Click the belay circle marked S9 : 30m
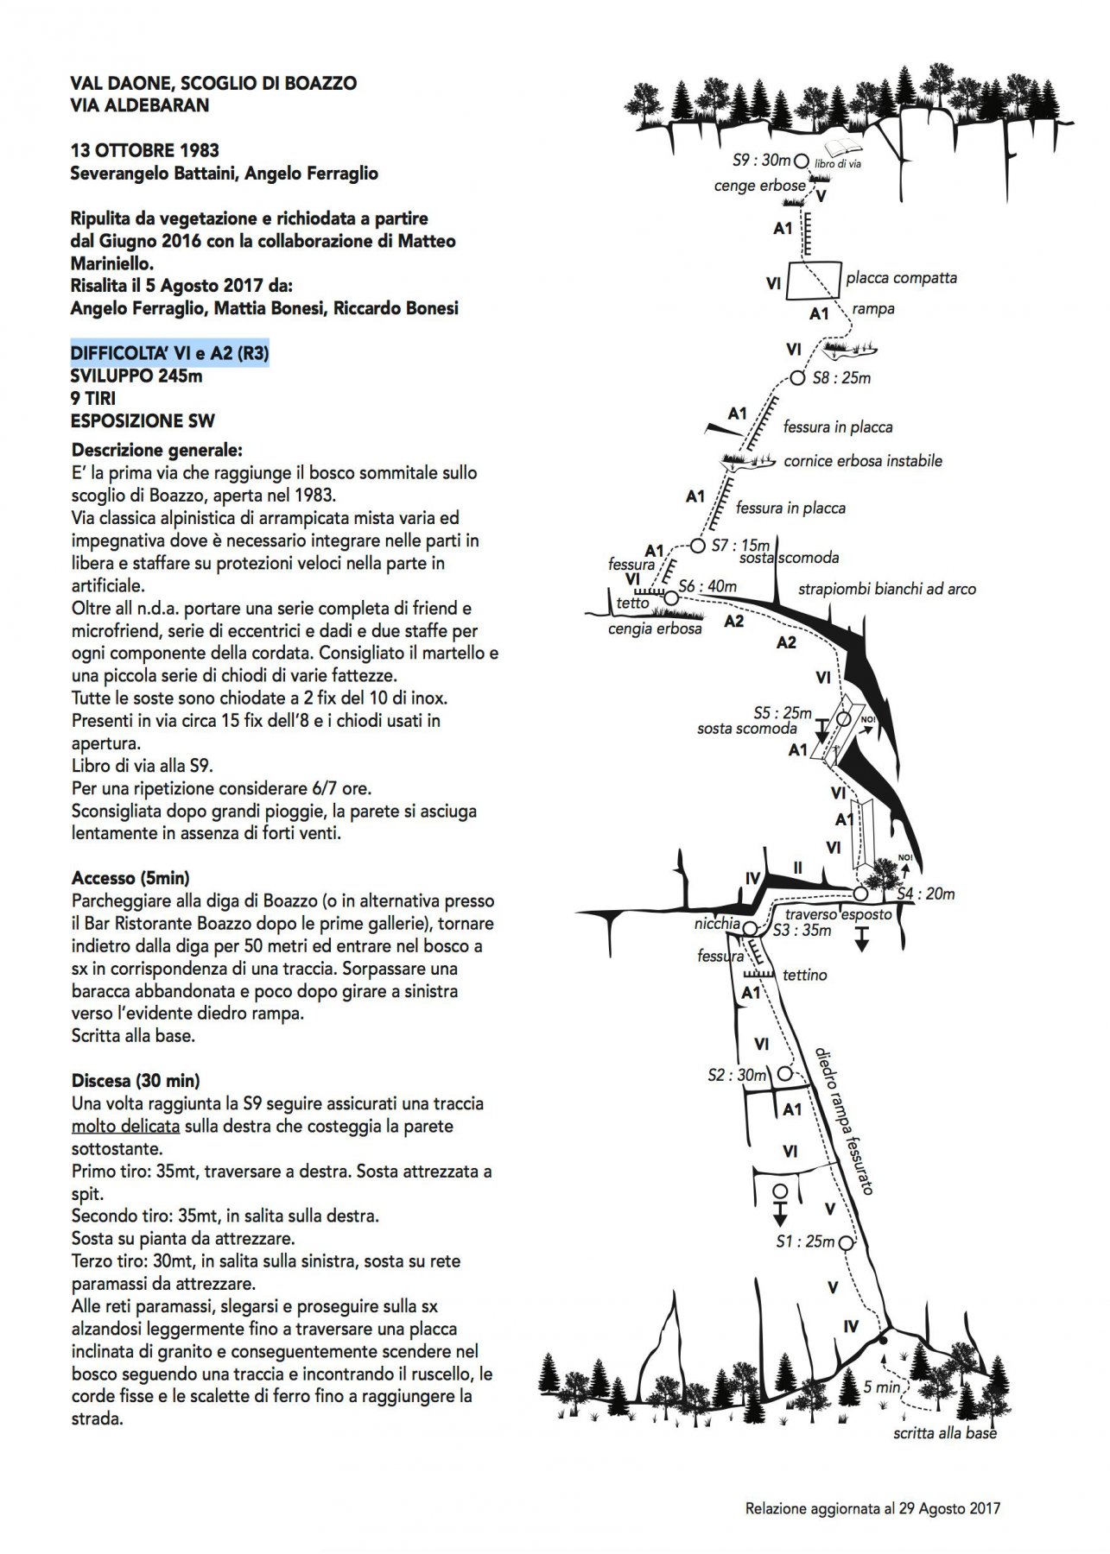801,161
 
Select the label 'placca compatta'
901,278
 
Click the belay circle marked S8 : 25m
797,378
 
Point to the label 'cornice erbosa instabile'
862,461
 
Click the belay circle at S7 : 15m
698,546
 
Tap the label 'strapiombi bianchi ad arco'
886,590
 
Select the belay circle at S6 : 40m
671,597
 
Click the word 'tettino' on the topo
804,975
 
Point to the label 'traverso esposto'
837,914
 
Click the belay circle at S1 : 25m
846,1243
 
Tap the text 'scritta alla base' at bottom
945,1433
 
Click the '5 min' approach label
881,1387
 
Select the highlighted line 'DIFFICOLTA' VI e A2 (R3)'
169,353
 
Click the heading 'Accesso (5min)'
130,879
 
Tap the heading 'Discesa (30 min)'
136,1081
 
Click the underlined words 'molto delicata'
125,1126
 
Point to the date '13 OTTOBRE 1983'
144,150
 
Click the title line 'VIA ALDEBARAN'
139,105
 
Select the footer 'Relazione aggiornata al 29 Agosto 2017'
872,1509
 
